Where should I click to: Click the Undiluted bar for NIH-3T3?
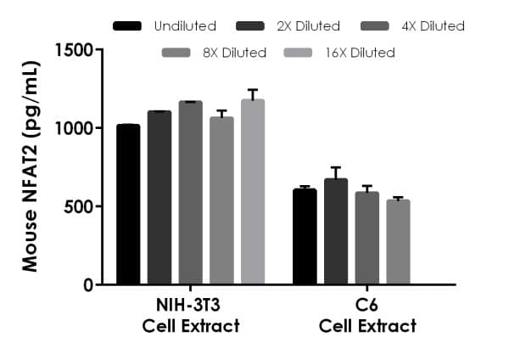(x=128, y=205)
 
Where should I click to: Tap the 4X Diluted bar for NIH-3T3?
(x=191, y=193)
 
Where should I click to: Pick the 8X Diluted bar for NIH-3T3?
(x=221, y=201)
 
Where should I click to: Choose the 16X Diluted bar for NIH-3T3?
(x=253, y=192)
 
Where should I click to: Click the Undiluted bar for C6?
(x=305, y=237)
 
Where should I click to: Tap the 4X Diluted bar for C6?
(x=367, y=239)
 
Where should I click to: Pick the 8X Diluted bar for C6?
(x=398, y=242)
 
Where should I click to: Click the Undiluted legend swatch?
(x=128, y=26)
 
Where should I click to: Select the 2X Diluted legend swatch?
(x=254, y=26)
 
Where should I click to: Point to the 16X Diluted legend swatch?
(x=303, y=53)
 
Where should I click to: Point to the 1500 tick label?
(x=74, y=50)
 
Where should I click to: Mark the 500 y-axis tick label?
(x=79, y=206)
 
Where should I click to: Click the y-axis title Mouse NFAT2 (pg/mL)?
(x=31, y=166)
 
